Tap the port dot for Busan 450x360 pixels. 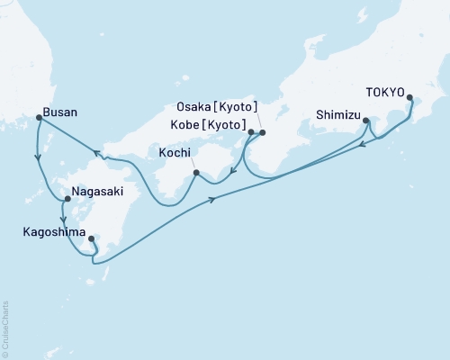(38, 117)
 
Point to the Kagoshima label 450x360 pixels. (53, 231)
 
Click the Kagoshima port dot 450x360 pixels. (92, 238)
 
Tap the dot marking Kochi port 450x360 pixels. (196, 171)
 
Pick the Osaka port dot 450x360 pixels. (262, 133)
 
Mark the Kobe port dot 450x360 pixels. (250, 133)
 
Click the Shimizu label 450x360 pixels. (339, 114)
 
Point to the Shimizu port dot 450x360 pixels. (366, 120)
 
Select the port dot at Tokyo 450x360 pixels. (410, 98)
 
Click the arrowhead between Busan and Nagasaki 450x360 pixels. (38, 159)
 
